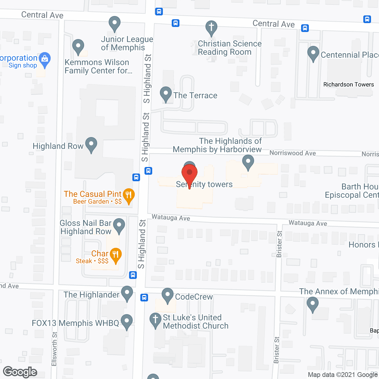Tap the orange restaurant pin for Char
pos(115,255)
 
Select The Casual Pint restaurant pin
pos(129,195)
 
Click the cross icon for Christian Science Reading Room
pos(211,28)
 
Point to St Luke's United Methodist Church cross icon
pos(155,320)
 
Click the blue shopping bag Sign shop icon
pos(45,59)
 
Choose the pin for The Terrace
pos(166,94)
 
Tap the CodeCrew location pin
pos(168,295)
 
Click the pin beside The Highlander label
pos(127,293)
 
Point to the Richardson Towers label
pos(349,85)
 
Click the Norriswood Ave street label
pos(293,153)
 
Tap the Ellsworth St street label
pos(54,349)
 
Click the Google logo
pos(20,372)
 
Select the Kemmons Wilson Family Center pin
pos(78,46)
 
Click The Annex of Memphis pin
pos(312,304)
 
